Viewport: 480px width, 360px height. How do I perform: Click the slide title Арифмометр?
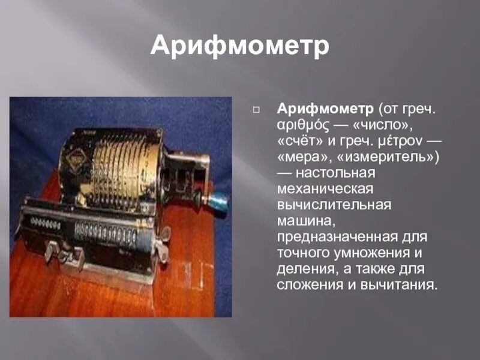[x=240, y=46]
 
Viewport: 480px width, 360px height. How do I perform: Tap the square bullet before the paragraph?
[x=256, y=110]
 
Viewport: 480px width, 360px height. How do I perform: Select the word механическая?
[x=326, y=189]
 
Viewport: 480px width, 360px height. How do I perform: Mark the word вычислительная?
[x=334, y=205]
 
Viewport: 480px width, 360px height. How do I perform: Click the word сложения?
[x=310, y=284]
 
